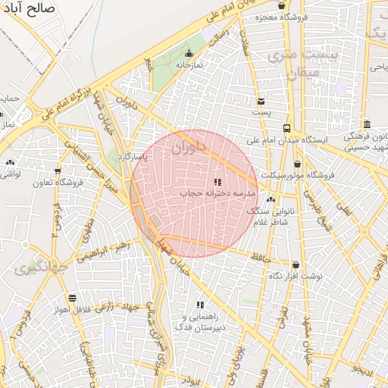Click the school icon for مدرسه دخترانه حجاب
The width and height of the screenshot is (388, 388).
point(217,182)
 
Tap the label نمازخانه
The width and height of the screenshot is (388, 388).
point(189,65)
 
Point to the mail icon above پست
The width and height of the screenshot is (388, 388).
point(261,101)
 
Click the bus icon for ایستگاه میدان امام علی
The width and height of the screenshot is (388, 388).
point(286,128)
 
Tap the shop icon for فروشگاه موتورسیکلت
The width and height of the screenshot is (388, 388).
point(297,164)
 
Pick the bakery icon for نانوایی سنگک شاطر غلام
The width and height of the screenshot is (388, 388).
point(271,199)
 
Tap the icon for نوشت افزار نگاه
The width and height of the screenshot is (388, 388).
point(296,265)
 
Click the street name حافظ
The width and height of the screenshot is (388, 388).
point(261,258)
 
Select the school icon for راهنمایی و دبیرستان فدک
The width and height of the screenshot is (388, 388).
point(200,304)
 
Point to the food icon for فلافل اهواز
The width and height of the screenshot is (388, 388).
point(72,299)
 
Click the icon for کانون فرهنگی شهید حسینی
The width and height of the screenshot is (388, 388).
point(367,124)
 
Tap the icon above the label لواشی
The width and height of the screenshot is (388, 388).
point(10,163)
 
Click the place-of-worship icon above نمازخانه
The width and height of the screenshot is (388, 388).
point(189,53)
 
